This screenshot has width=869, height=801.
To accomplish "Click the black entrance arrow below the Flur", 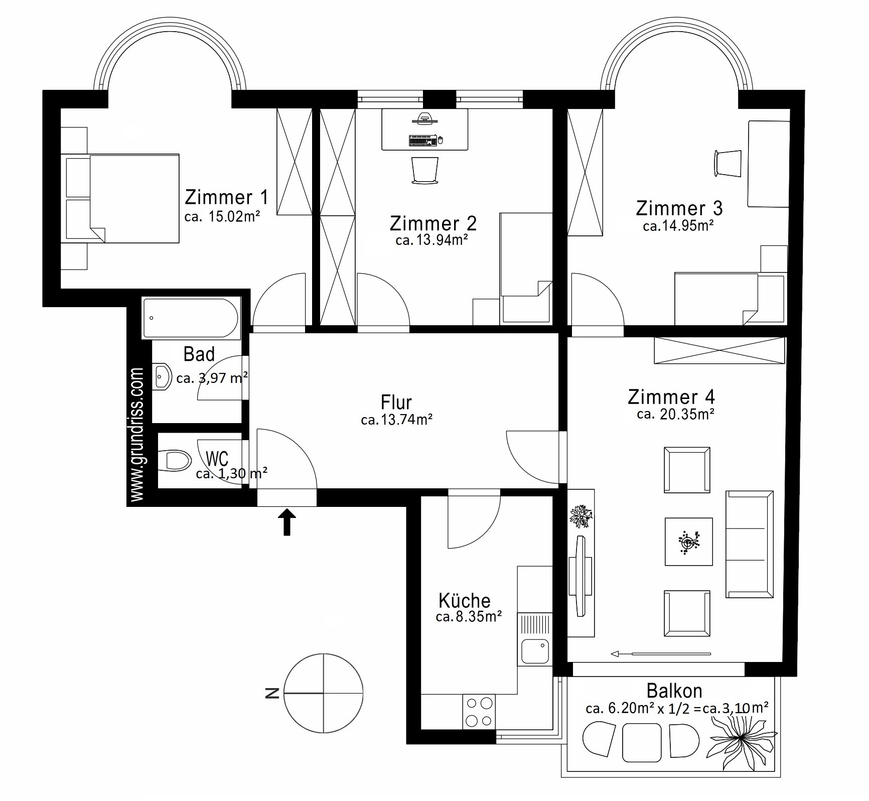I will point(287,522).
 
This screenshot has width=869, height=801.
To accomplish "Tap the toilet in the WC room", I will point(175,460).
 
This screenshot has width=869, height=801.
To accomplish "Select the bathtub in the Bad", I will point(191,318).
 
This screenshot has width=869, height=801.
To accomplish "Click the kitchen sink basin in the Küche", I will point(534,651).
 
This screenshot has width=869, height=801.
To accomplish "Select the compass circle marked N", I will point(324,693).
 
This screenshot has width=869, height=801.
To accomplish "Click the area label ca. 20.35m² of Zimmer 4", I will point(675,414).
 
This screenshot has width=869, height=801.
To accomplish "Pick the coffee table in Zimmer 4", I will point(689,542).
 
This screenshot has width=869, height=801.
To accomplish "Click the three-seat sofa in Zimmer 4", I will point(749,544).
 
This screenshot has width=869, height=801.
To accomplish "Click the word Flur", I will point(396,403).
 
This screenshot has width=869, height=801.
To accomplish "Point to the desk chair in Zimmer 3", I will point(728,163).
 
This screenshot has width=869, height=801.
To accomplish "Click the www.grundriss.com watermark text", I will point(137,434).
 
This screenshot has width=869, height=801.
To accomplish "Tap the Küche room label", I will point(465,600).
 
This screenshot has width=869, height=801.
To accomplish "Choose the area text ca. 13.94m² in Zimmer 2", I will point(431,240).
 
